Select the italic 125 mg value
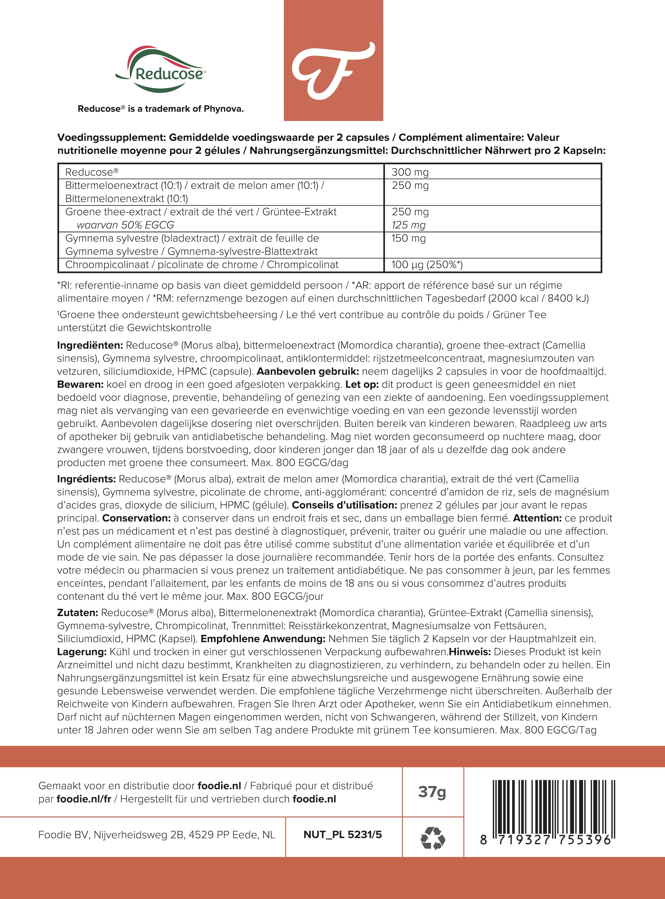[409, 225]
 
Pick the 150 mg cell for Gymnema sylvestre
[409, 238]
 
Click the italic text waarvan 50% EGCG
[125, 225]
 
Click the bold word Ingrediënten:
[90, 345]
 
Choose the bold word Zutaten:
[78, 613]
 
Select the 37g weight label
[432, 792]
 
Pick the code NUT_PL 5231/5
[342, 835]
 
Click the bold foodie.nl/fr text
[84, 799]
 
